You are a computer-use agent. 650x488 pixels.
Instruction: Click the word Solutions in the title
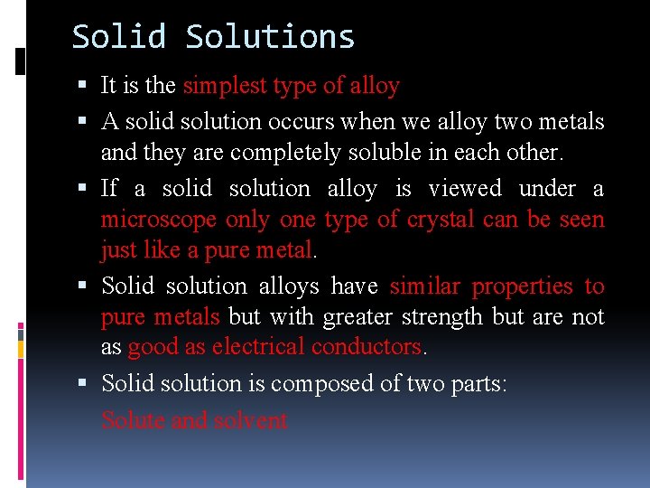pyautogui.click(x=270, y=37)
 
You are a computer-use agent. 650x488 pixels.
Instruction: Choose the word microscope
pyautogui.click(x=159, y=220)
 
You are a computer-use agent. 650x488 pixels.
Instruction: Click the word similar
pyautogui.click(x=424, y=286)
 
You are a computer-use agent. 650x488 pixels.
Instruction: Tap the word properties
pyautogui.click(x=523, y=286)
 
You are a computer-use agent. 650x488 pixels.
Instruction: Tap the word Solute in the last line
pyautogui.click(x=131, y=420)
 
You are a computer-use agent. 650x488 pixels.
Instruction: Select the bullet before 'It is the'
pyautogui.click(x=83, y=86)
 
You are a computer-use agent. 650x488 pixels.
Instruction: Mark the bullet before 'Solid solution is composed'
pyautogui.click(x=83, y=384)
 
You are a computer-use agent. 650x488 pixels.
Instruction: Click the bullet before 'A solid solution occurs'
pyautogui.click(x=83, y=121)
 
